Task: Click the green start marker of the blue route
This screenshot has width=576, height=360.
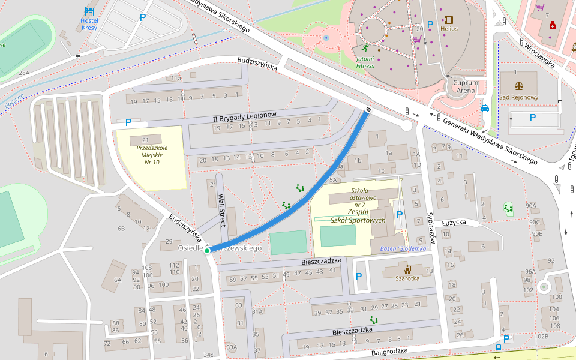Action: point(208,251)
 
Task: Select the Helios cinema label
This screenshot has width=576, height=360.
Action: point(449,28)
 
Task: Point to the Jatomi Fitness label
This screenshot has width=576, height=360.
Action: point(365,62)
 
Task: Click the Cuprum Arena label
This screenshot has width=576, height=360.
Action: point(466,86)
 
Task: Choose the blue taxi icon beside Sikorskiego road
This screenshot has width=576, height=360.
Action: point(484,108)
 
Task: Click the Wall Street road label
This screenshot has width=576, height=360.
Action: point(221,209)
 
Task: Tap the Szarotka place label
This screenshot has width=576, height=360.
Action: point(407,278)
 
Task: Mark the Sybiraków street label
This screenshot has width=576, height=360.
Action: point(430,222)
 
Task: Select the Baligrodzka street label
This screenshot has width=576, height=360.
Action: point(389,351)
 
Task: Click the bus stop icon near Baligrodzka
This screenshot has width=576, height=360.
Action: point(499,347)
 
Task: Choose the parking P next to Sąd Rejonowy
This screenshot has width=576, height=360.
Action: point(532,118)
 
